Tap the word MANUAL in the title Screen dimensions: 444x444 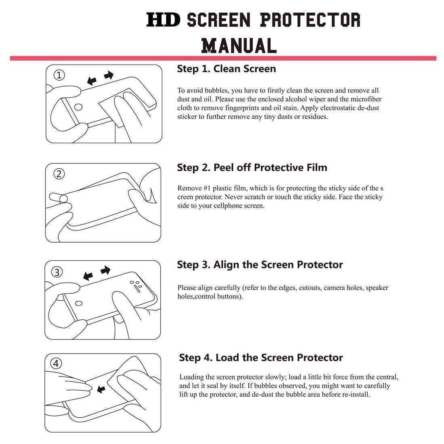[x=239, y=45]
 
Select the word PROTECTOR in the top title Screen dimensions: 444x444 [x=310, y=20]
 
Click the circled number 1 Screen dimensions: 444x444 [x=59, y=75]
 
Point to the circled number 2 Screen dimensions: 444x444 [x=59, y=174]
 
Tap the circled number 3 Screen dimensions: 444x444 [x=57, y=272]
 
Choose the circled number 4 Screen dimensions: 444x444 [x=56, y=364]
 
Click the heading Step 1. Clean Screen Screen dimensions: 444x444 [x=226, y=69]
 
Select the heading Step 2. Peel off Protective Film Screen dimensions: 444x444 [x=252, y=168]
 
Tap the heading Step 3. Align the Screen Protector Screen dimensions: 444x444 [x=260, y=265]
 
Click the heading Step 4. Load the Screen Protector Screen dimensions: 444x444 [x=261, y=358]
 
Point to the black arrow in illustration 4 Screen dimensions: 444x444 [x=101, y=389]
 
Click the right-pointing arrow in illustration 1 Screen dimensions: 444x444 [x=109, y=75]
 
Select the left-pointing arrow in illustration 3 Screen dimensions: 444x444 [x=88, y=276]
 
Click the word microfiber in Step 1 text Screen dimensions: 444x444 [x=366, y=99]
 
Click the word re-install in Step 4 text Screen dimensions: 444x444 [x=355, y=394]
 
